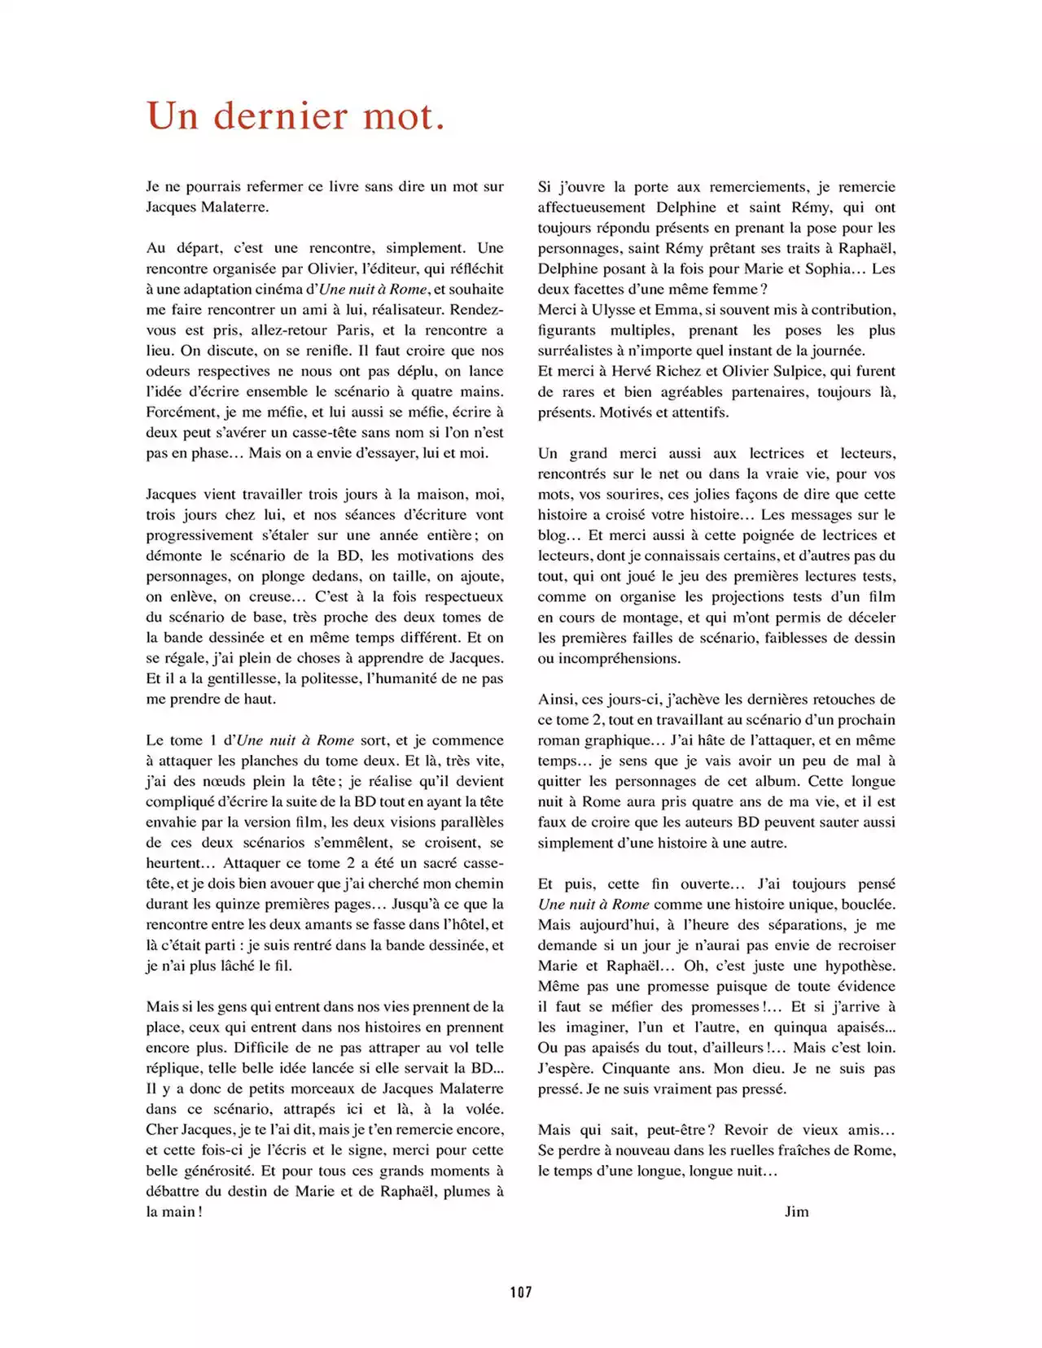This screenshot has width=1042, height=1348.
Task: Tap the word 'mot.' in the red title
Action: (404, 116)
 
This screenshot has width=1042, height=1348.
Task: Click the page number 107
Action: (521, 1291)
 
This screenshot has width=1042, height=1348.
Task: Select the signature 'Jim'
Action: (796, 1211)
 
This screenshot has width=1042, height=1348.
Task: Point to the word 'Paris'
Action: (354, 330)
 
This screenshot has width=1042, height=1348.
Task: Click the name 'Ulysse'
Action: (614, 310)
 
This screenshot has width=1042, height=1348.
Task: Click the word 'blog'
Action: (551, 535)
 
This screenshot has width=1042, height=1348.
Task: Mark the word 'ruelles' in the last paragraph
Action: (733, 1150)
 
